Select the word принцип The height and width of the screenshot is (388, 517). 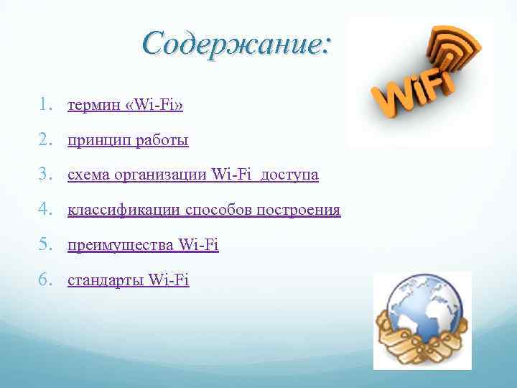pyautogui.click(x=96, y=142)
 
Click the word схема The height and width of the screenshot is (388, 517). pyautogui.click(x=85, y=175)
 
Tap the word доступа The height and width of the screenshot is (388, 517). pyautogui.click(x=290, y=175)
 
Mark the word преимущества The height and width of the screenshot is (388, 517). pyautogui.click(x=120, y=246)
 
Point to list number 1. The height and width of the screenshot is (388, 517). pyautogui.click(x=45, y=106)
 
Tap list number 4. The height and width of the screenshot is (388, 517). pyautogui.click(x=45, y=211)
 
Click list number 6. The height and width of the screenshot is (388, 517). pyautogui.click(x=45, y=280)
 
